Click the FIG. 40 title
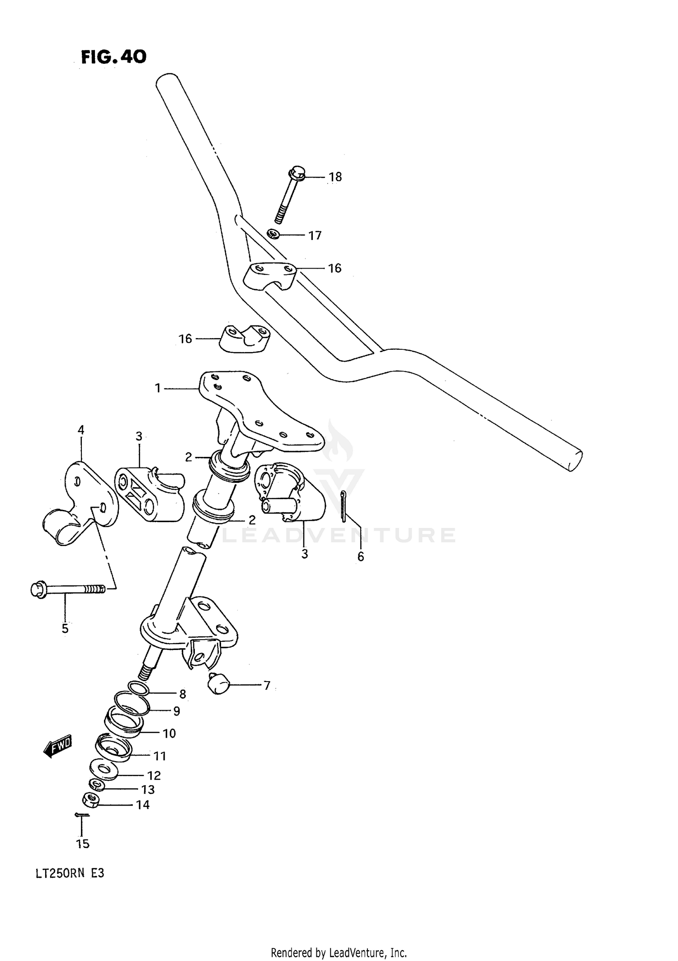tap(113, 57)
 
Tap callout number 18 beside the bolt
tap(335, 177)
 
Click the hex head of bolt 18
tap(296, 172)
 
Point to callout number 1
tap(158, 388)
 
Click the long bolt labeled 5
tap(68, 589)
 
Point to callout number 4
tap(81, 430)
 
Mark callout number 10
tap(169, 733)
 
